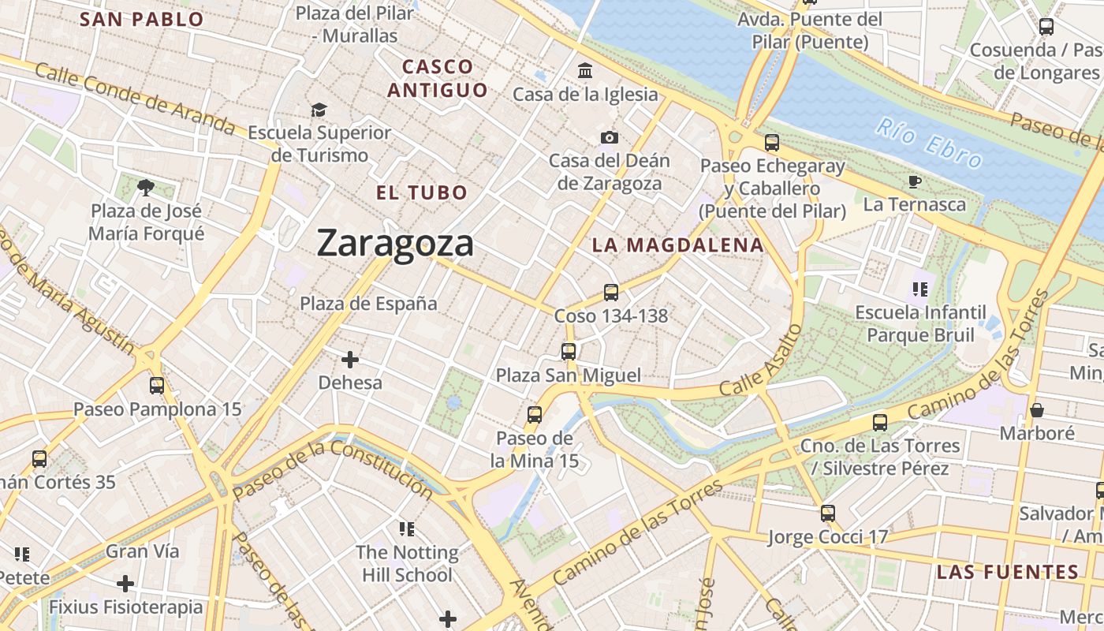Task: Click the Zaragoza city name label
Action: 395,243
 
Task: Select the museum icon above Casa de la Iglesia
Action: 585,71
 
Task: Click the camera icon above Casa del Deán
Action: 609,138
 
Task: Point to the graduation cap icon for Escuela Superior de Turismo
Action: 319,110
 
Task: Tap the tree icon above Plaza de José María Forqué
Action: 145,188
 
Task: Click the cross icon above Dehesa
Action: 350,360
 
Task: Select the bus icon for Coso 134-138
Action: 610,293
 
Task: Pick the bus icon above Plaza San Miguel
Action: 569,352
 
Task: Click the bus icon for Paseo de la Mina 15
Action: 535,414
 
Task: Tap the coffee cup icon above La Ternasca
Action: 914,182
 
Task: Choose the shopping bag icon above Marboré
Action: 1037,410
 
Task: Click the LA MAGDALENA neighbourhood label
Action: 678,245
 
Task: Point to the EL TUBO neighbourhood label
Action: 422,192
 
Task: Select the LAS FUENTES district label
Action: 1007,573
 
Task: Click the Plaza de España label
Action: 368,304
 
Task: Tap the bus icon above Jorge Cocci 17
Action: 828,513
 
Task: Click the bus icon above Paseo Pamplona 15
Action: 157,386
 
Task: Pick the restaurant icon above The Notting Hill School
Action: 407,528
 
